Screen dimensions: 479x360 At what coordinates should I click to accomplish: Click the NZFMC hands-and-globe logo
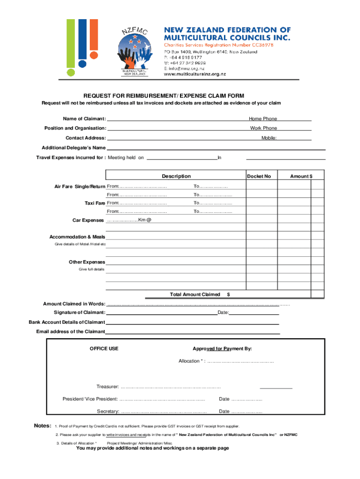[x=134, y=51]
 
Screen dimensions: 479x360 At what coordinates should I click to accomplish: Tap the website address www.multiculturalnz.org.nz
[x=194, y=74]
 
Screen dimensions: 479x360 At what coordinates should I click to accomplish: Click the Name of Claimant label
[x=85, y=119]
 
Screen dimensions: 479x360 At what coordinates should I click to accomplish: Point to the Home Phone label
[x=263, y=119]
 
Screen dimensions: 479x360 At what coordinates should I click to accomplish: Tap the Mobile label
[x=269, y=138]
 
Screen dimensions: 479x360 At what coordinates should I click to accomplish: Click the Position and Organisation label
[x=75, y=128]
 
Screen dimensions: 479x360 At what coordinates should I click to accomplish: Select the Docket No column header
[x=259, y=176]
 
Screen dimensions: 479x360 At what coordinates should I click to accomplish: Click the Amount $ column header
[x=301, y=176]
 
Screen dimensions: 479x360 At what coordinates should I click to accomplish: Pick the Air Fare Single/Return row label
[x=80, y=187]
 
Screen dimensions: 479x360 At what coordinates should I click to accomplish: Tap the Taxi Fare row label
[x=94, y=203]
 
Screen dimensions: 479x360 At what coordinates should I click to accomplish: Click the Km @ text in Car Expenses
[x=144, y=220]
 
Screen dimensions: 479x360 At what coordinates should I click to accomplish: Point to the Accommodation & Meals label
[x=77, y=237]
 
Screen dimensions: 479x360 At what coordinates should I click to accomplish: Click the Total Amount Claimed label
[x=194, y=295]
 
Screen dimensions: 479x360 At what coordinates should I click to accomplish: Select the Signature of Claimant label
[x=79, y=312]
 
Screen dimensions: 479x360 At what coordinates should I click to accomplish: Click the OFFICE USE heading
[x=104, y=348]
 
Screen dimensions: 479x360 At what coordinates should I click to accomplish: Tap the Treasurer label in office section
[x=108, y=386]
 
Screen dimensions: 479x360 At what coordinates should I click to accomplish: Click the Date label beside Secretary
[x=224, y=412]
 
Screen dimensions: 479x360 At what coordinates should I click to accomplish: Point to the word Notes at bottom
[x=43, y=426]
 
